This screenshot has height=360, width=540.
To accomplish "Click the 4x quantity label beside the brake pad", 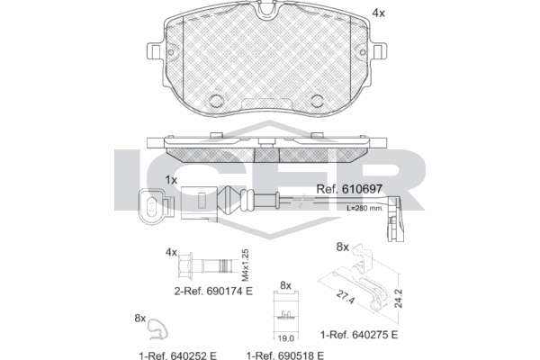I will click(x=379, y=13).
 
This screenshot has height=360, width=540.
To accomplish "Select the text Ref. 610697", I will click(x=351, y=189).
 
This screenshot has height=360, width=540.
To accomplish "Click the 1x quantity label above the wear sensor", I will click(x=171, y=180).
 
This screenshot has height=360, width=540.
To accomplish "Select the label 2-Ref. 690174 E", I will click(x=213, y=292).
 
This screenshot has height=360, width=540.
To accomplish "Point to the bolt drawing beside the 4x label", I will click(x=205, y=266).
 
